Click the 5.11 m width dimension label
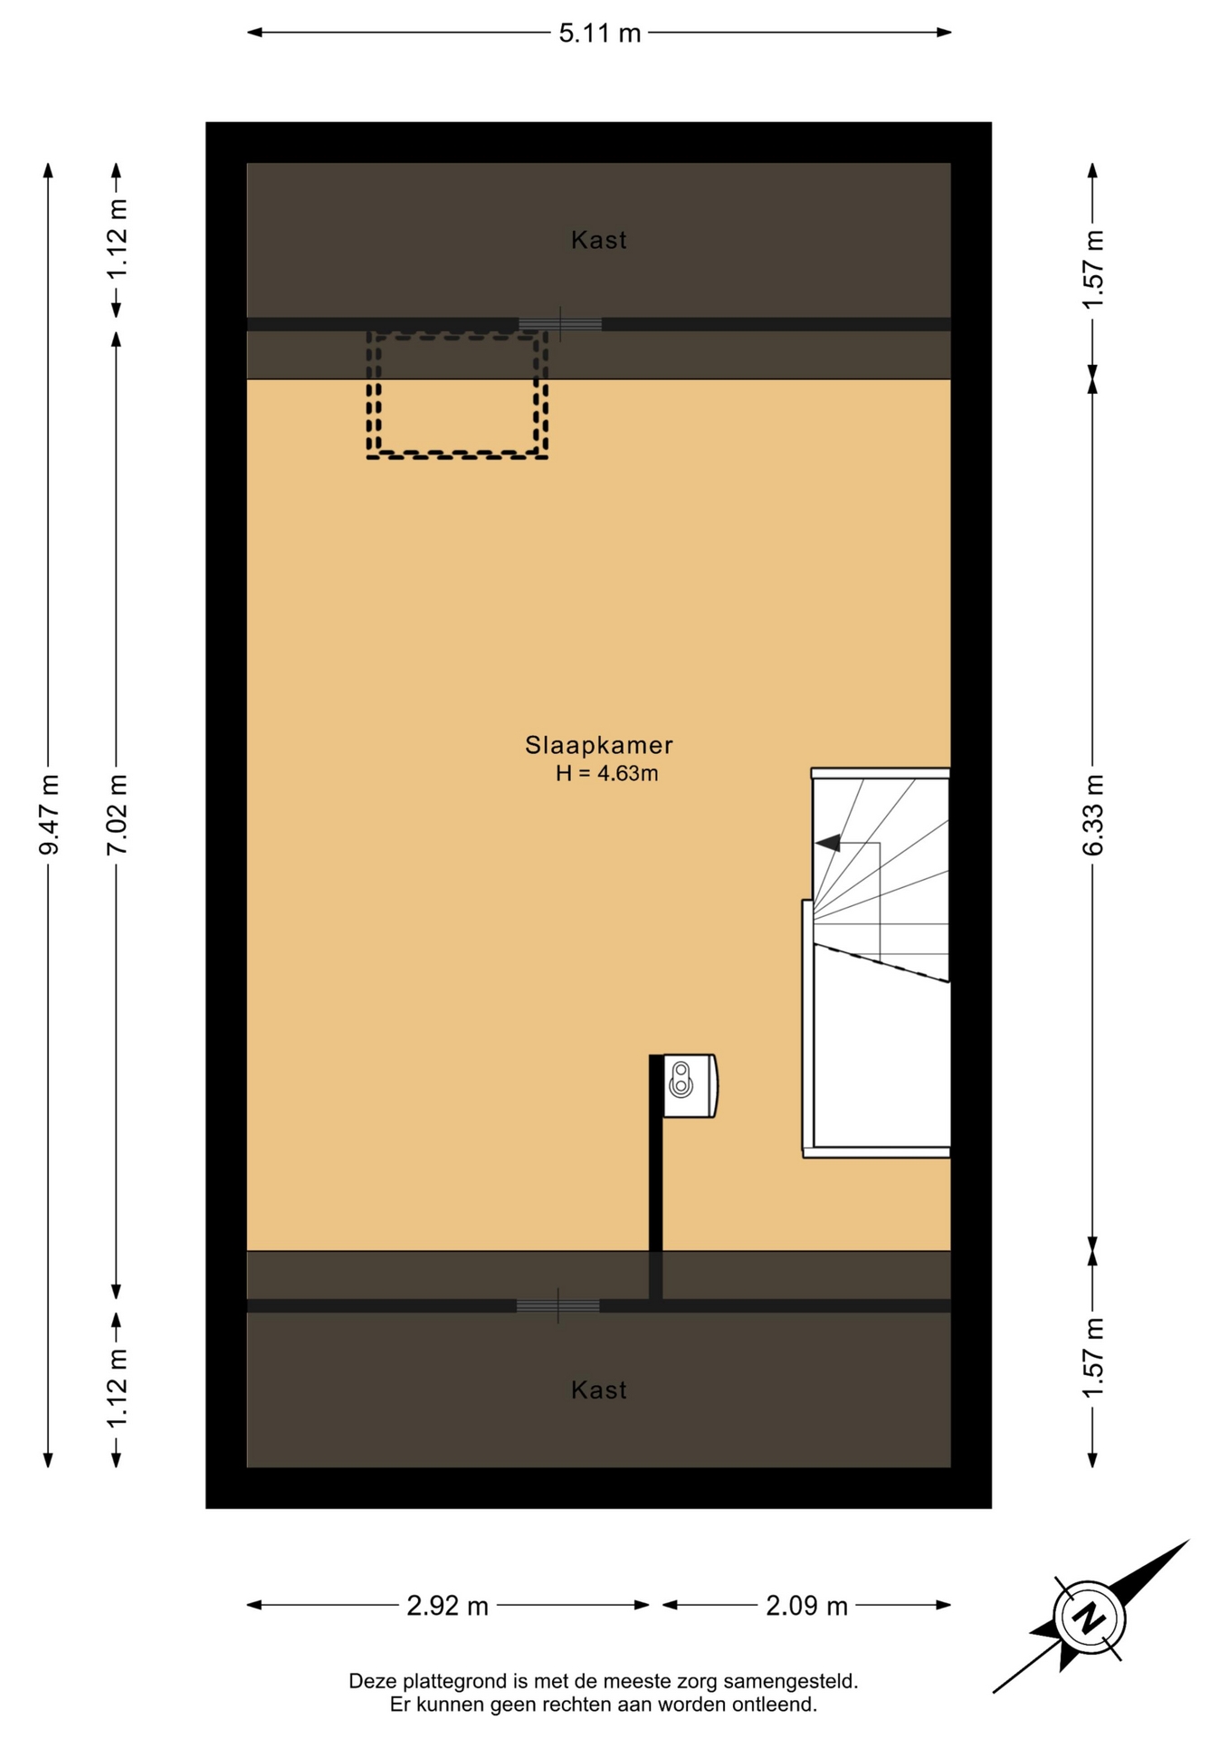(599, 33)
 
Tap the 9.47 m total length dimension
(49, 815)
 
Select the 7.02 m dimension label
(117, 815)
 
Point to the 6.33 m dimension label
(1093, 815)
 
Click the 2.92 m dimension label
(447, 1606)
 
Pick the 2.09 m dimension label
(806, 1606)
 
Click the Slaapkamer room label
(599, 745)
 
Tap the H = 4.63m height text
(606, 773)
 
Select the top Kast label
(599, 240)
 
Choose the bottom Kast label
(599, 1389)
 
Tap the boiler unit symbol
(690, 1085)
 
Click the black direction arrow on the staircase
(827, 844)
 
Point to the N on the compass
(1090, 1617)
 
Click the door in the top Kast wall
(560, 324)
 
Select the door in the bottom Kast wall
(558, 1305)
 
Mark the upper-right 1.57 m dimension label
(1093, 269)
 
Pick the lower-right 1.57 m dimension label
(1093, 1357)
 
